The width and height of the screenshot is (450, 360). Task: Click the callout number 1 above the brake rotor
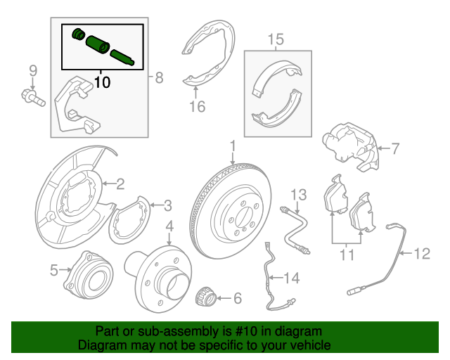point(231,146)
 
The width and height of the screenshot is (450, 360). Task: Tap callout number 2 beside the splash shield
point(120,185)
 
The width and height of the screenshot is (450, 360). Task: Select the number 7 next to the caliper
point(394,148)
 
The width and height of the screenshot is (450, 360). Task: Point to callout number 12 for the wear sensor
point(420,253)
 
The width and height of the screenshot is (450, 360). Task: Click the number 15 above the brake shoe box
point(276,39)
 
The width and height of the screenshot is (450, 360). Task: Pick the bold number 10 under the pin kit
point(102,82)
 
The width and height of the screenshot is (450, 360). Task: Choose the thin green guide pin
point(124,57)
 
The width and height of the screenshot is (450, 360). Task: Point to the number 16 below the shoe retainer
point(196,107)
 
